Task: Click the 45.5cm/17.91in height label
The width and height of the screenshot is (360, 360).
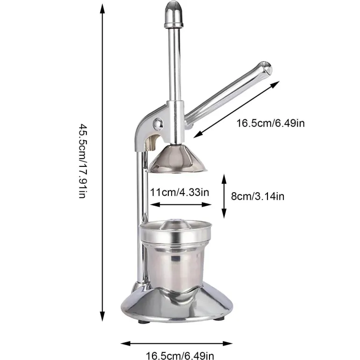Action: [83, 161]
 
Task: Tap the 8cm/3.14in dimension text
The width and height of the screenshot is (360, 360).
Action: [258, 196]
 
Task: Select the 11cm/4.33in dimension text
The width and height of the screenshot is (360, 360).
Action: [180, 192]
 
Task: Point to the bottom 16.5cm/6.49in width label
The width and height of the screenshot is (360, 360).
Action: [180, 356]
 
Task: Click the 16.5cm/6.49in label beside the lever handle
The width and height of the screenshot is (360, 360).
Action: [271, 123]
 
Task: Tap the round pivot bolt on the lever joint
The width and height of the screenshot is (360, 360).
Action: [158, 124]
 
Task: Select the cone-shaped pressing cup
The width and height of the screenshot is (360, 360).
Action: [177, 158]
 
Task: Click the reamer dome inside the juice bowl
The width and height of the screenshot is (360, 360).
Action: [175, 224]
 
